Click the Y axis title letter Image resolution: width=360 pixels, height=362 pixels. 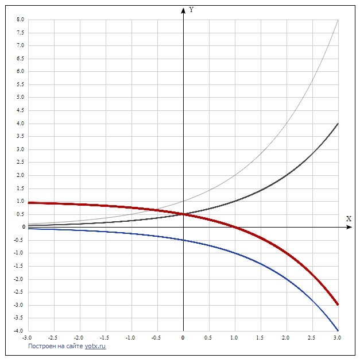click(x=192, y=10)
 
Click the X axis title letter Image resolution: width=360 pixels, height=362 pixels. click(x=349, y=218)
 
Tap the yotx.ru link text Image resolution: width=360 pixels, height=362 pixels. click(x=95, y=346)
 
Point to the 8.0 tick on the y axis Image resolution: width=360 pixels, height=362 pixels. click(x=21, y=20)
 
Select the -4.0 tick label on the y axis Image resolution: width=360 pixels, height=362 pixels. click(x=20, y=331)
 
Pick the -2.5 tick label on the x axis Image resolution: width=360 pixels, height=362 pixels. click(x=53, y=338)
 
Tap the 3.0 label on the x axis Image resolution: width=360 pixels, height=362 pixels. click(x=338, y=338)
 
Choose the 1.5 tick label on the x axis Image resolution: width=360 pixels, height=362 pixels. click(x=260, y=338)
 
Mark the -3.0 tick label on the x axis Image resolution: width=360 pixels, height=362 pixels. click(x=27, y=338)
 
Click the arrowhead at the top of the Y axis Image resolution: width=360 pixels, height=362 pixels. click(x=183, y=9)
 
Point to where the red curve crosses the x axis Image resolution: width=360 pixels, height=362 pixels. click(x=234, y=228)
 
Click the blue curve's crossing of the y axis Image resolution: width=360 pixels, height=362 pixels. click(x=183, y=240)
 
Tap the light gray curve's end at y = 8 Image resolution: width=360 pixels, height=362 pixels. click(x=338, y=21)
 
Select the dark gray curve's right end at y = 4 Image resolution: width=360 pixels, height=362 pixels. click(x=338, y=124)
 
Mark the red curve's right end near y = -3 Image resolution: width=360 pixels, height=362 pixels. click(x=338, y=304)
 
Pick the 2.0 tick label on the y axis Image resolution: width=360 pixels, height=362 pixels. click(x=21, y=175)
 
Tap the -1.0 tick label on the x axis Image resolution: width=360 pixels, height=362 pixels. click(x=130, y=338)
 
